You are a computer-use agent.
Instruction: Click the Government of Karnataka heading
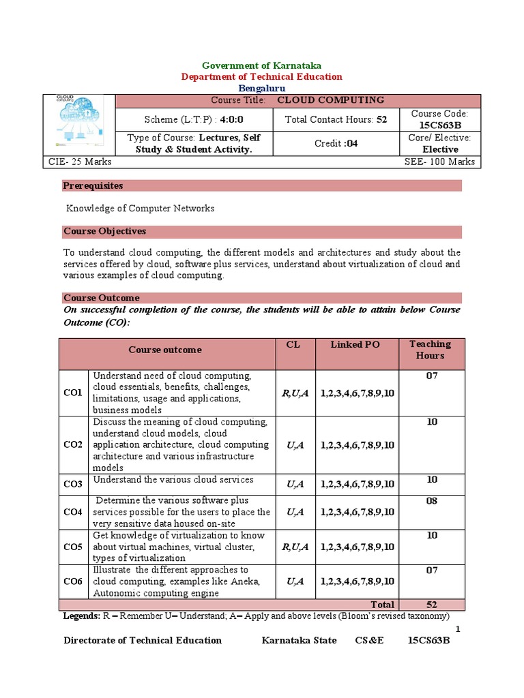tap(262, 65)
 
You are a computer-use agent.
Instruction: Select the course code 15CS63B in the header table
tap(439, 125)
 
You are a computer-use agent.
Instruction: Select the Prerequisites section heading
tap(93, 186)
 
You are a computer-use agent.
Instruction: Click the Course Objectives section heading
tap(104, 232)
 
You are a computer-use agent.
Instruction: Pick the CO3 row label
tap(73, 484)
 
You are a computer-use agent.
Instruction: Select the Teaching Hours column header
tap(430, 350)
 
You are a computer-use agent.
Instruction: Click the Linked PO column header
tap(355, 345)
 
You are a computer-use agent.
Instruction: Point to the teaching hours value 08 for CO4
tap(431, 501)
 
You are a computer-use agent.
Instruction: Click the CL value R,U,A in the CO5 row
tap(295, 547)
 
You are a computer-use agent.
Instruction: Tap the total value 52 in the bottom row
tap(431, 605)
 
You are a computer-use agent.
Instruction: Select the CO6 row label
tap(73, 581)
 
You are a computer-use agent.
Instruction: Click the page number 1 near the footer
tap(458, 628)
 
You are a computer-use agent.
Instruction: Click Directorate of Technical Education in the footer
tap(143, 640)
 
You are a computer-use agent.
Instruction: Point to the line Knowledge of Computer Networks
tap(140, 209)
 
